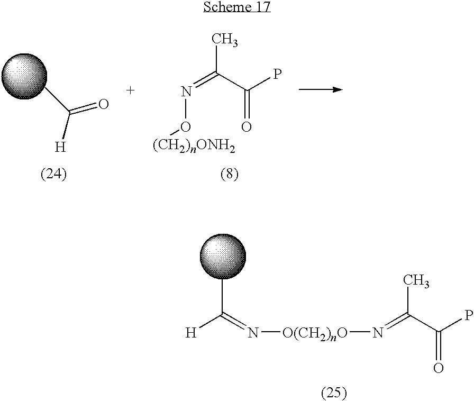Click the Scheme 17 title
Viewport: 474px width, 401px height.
coord(237,7)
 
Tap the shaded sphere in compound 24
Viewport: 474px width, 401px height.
coord(24,76)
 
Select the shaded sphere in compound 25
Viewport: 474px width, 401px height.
coord(223,257)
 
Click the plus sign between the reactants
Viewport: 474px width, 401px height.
coord(130,90)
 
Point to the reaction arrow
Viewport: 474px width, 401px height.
coord(321,89)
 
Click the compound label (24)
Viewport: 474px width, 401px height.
coord(53,175)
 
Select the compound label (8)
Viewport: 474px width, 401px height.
coord(230,175)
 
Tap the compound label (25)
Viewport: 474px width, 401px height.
coord(334,393)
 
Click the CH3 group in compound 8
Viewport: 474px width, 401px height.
coord(225,40)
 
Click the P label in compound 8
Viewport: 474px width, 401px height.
coord(277,74)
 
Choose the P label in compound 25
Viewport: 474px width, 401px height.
coord(468,315)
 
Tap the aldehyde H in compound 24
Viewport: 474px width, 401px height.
coord(60,147)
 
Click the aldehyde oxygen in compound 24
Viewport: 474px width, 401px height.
coord(103,104)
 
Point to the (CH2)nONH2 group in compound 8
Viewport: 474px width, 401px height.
coord(194,147)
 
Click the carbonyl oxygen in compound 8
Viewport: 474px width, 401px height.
coord(247,126)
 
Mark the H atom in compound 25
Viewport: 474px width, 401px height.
coord(191,333)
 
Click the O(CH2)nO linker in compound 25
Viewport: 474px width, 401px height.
coord(314,333)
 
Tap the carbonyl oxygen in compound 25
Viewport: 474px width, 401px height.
coord(438,368)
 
